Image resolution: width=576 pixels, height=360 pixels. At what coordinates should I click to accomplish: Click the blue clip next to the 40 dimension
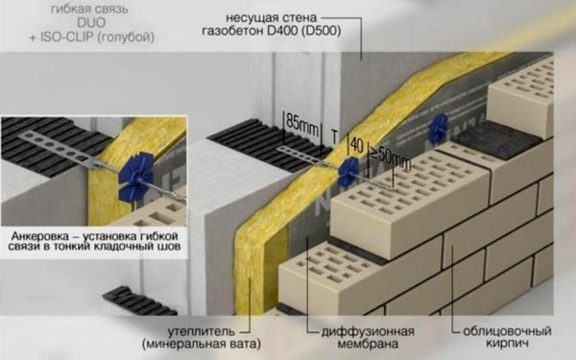coord(345,170)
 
